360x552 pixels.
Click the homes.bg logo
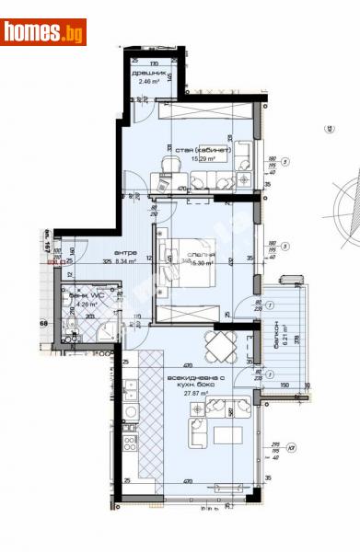[43, 32]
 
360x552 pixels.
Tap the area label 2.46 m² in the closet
[148, 82]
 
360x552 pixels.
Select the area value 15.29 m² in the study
[203, 157]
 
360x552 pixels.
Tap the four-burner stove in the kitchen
[130, 445]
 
